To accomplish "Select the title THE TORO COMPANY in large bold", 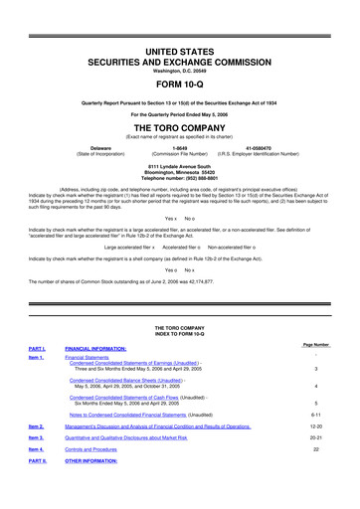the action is click(x=180, y=128).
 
